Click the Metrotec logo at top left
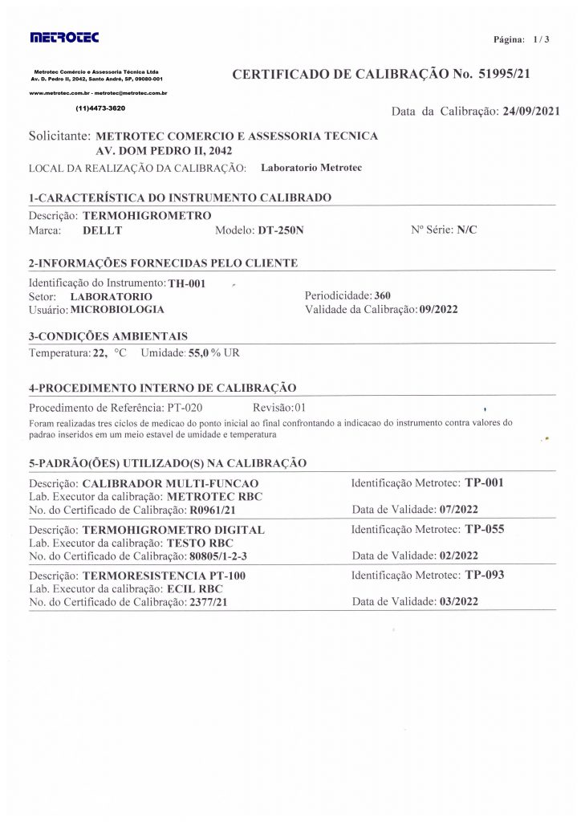pyautogui.click(x=64, y=37)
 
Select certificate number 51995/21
pyautogui.click(x=501, y=75)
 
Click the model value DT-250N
pyautogui.click(x=281, y=230)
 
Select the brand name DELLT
pyautogui.click(x=102, y=230)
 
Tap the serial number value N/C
pyautogui.click(x=466, y=230)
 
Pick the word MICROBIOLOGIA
pyautogui.click(x=118, y=308)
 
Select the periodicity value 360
pyautogui.click(x=382, y=295)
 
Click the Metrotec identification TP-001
pyautogui.click(x=484, y=483)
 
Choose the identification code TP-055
pyautogui.click(x=484, y=529)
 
